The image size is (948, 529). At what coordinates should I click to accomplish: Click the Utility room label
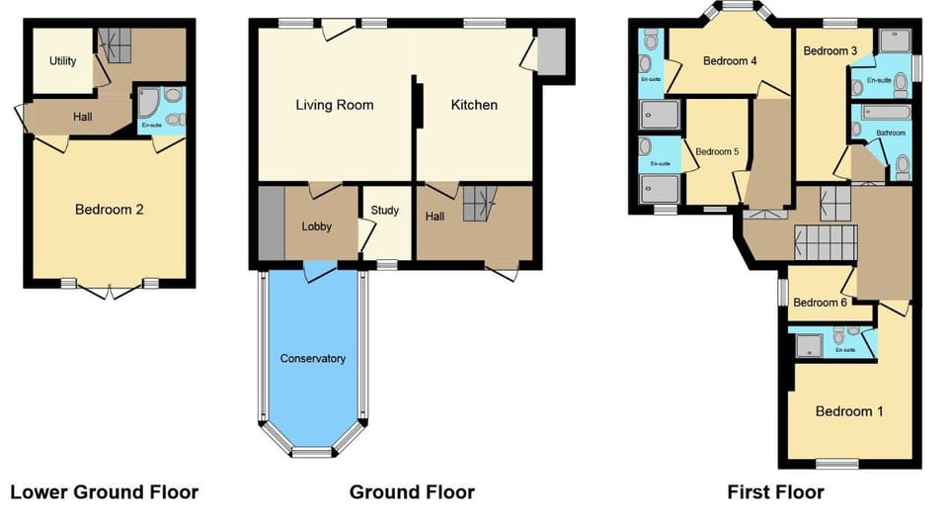[63, 61]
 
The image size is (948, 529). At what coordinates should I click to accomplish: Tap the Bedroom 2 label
[110, 210]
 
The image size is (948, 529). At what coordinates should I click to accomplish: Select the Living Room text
[336, 105]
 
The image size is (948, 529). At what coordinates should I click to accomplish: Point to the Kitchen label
[474, 105]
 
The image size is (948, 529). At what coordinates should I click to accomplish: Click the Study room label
[384, 211]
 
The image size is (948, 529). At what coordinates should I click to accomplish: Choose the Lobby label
[316, 226]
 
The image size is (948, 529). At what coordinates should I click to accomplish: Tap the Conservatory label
[312, 359]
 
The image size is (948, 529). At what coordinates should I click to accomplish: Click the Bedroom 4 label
[730, 61]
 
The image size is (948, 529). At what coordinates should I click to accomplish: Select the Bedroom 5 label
[717, 152]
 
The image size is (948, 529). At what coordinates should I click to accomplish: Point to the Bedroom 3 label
[829, 50]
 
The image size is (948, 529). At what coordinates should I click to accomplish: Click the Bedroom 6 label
[820, 303]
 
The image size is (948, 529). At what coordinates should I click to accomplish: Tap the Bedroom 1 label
[849, 411]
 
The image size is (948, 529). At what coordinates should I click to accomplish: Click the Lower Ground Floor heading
[104, 492]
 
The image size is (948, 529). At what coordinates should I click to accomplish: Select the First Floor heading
[775, 492]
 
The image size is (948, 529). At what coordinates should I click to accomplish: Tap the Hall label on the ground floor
[434, 216]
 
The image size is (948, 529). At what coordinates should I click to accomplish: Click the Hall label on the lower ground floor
[84, 117]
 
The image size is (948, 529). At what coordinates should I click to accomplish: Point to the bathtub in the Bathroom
[882, 113]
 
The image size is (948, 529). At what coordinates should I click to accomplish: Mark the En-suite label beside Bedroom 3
[879, 80]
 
